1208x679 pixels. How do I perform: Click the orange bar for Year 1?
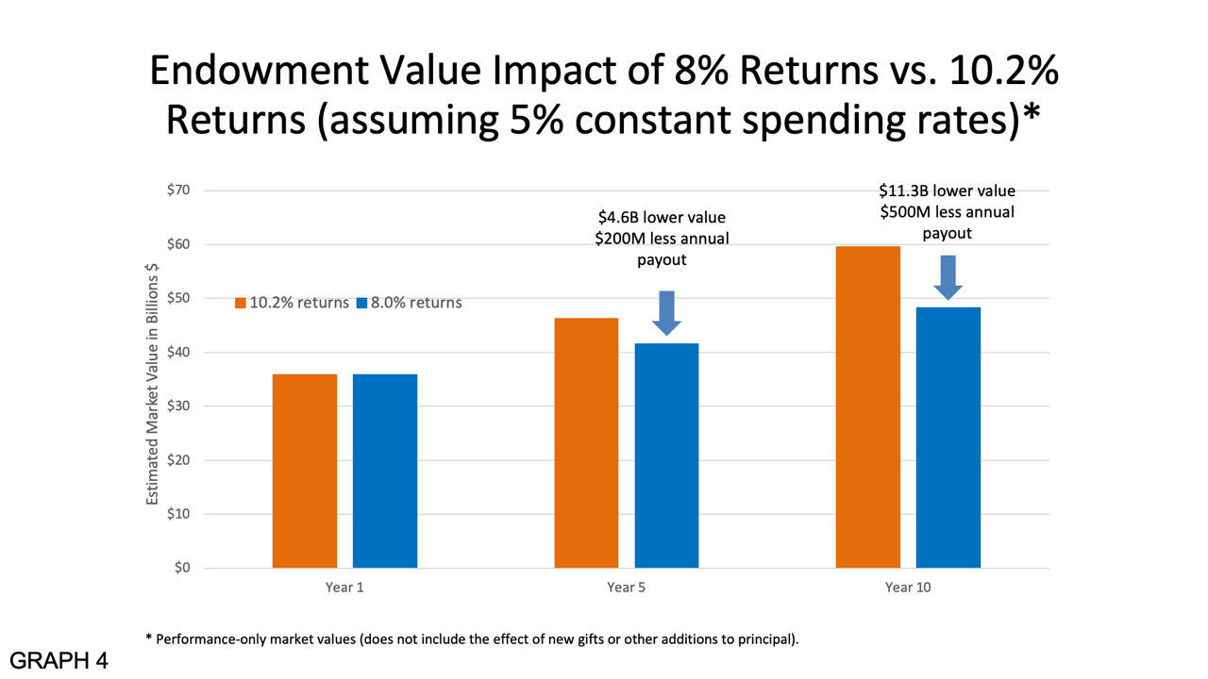pos(304,471)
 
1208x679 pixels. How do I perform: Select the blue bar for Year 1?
pos(384,471)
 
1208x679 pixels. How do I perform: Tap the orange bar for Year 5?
pos(586,442)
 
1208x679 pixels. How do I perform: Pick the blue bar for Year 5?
pos(666,455)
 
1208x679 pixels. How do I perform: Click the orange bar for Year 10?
pos(867,406)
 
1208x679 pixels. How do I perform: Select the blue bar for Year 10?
pos(948,438)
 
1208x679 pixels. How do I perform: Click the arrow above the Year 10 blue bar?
pos(948,277)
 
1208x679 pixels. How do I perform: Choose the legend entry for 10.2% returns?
pos(292,303)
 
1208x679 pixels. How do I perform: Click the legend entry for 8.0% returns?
pos(409,303)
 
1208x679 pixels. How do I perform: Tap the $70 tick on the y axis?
pos(179,190)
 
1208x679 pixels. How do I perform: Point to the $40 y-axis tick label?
pos(179,353)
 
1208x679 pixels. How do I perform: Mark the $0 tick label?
pos(183,569)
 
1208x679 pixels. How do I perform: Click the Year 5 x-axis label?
pos(626,588)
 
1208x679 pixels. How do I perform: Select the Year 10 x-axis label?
pos(907,588)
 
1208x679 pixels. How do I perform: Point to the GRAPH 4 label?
pos(59,660)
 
